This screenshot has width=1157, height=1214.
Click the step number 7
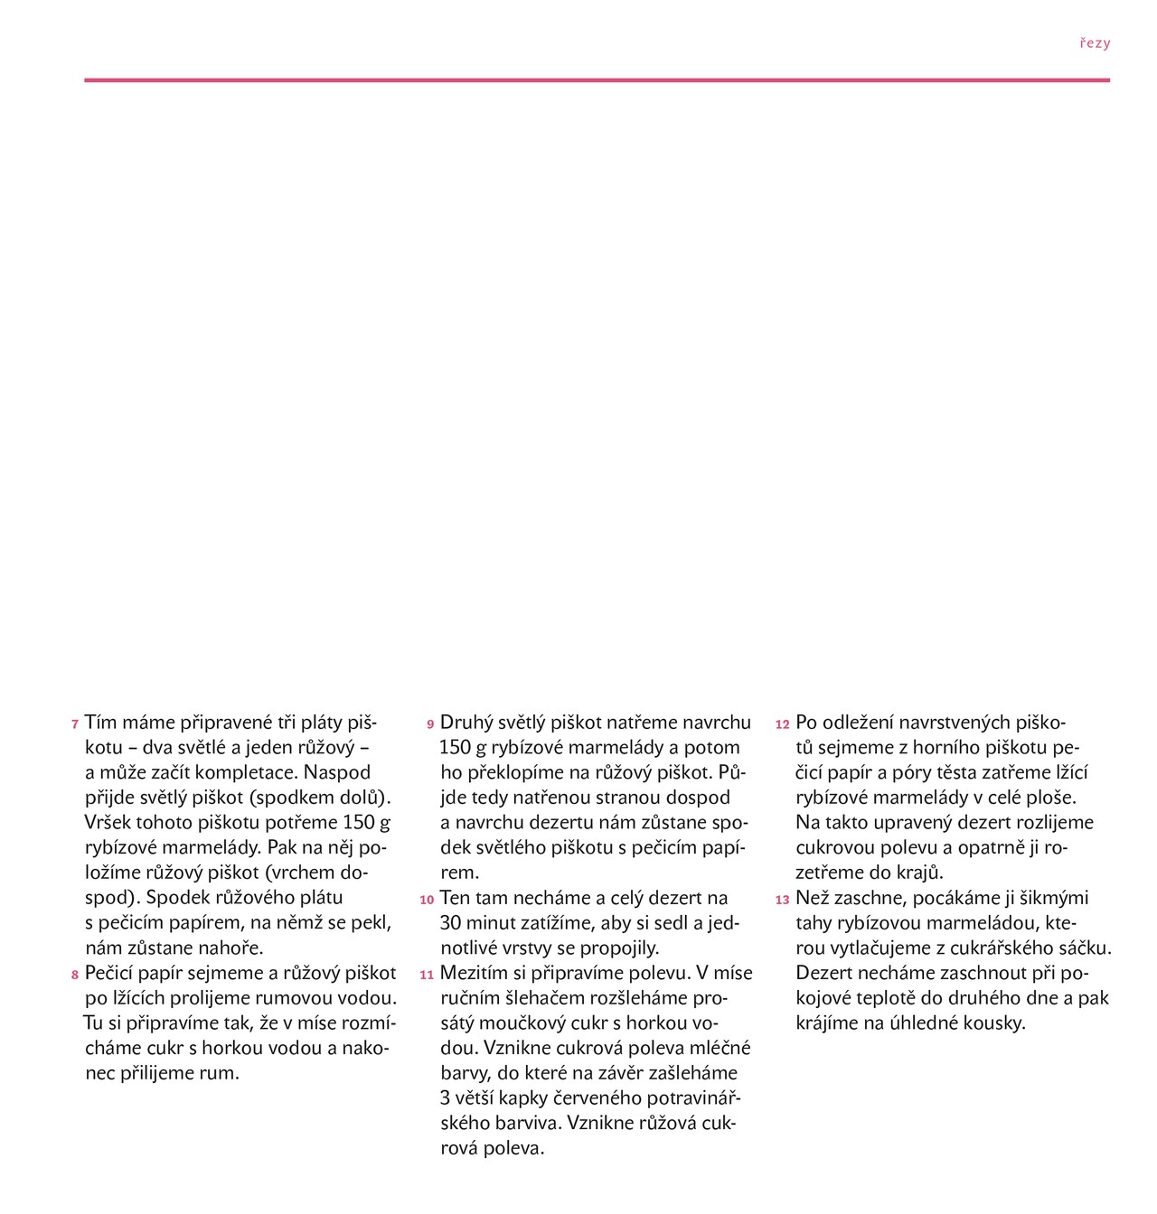tap(75, 725)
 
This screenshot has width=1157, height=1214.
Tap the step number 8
tap(75, 976)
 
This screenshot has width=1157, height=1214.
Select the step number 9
tap(431, 725)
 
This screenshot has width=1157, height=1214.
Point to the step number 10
tap(427, 901)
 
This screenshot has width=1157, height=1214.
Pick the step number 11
tap(427, 976)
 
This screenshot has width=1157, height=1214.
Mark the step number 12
tap(783, 725)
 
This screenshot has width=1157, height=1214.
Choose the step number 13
tap(783, 901)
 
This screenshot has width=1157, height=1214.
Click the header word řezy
tap(1095, 43)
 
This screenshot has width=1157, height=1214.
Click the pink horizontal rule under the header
tap(597, 80)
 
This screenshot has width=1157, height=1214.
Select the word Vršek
tap(108, 823)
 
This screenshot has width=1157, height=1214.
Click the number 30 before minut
tap(450, 923)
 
